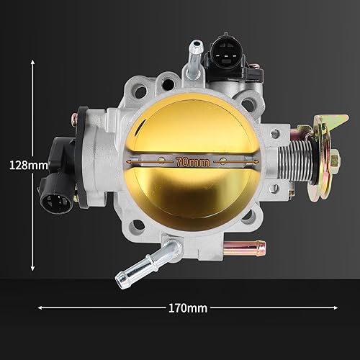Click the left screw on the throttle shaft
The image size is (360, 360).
(162, 161)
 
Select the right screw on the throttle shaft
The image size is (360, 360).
(224, 161)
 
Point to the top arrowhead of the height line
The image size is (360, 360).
(32, 63)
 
